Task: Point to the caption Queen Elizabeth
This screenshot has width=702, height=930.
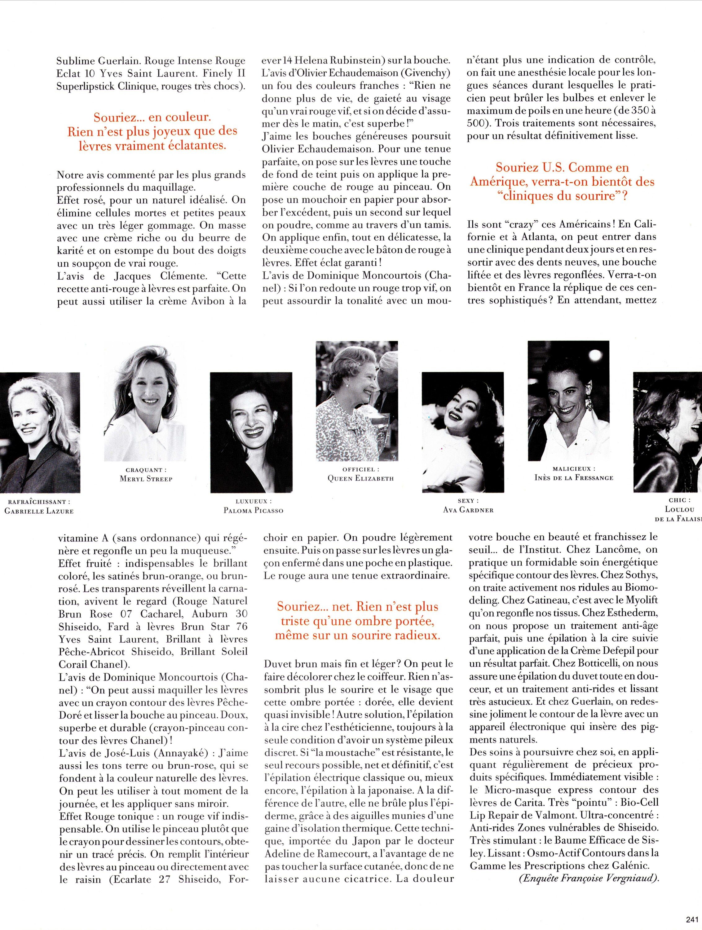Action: (x=361, y=478)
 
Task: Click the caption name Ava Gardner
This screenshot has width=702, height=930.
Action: (x=468, y=510)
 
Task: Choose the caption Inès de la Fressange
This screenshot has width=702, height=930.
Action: (x=574, y=478)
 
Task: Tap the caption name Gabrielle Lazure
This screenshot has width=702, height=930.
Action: (x=39, y=511)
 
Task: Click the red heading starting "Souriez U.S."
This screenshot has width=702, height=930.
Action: (x=562, y=182)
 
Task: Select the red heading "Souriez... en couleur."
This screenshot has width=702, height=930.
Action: (x=152, y=131)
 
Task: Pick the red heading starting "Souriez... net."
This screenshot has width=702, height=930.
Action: (x=357, y=621)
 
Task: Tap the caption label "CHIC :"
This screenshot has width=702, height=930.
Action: (x=678, y=500)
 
